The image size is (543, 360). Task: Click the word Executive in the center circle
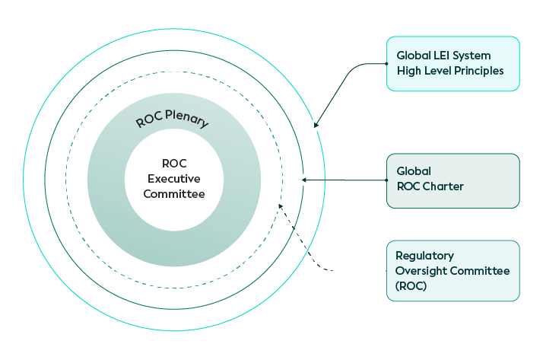pyautogui.click(x=174, y=179)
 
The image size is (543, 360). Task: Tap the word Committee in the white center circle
pyautogui.click(x=174, y=194)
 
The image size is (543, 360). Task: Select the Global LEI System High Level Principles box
pyautogui.click(x=453, y=64)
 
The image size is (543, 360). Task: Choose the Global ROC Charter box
pyautogui.click(x=453, y=180)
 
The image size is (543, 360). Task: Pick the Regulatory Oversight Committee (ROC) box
pyautogui.click(x=453, y=271)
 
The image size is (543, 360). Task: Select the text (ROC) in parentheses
pyautogui.click(x=411, y=285)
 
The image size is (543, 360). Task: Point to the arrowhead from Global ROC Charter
pyautogui.click(x=304, y=180)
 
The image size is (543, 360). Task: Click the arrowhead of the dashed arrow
pyautogui.click(x=281, y=205)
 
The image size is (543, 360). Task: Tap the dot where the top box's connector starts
pyautogui.click(x=387, y=64)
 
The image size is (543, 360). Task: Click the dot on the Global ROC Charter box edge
pyautogui.click(x=387, y=180)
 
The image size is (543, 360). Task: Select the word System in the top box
pyautogui.click(x=473, y=56)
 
